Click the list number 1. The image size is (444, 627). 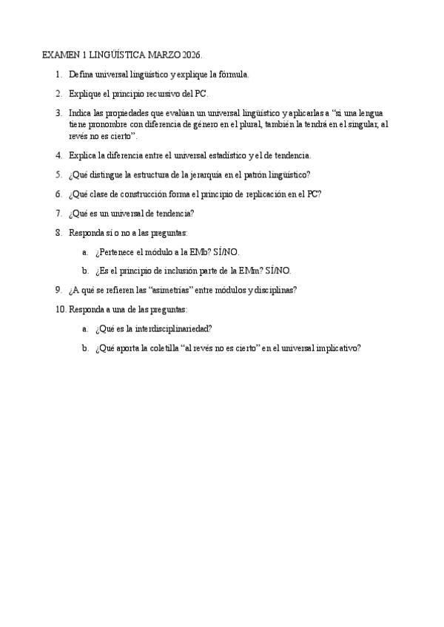(x=58, y=75)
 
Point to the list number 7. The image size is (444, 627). (x=58, y=213)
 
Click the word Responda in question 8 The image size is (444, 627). (x=87, y=232)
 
